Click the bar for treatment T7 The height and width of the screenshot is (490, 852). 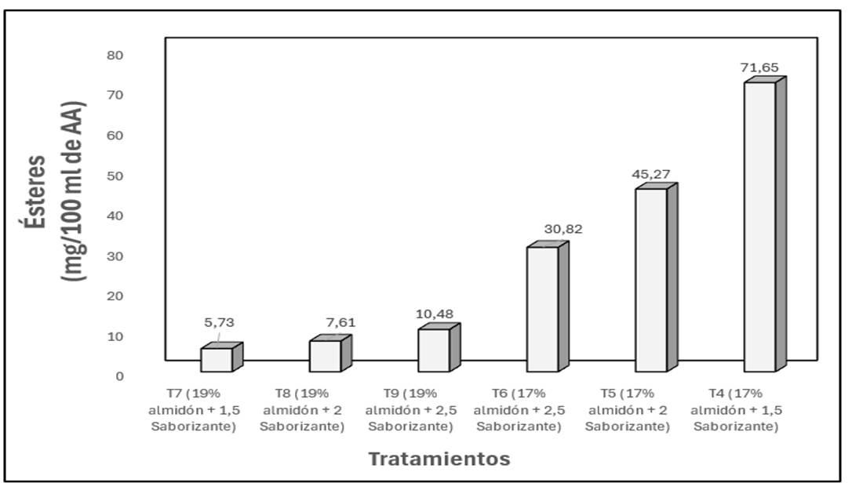point(217,359)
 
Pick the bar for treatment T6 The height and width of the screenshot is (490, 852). point(542,309)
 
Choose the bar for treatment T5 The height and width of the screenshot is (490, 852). point(651,280)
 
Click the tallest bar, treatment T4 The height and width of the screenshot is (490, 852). point(759,227)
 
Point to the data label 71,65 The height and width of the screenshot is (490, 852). point(759,67)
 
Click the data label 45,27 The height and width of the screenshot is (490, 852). point(650,174)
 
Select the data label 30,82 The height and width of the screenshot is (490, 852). point(563,230)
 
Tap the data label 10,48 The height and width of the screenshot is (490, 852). point(434,314)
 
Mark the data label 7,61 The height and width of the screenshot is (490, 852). point(340,322)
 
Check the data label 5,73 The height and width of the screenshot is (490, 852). point(219,322)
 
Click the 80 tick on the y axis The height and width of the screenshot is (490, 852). point(115,55)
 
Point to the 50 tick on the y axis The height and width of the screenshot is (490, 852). point(115,176)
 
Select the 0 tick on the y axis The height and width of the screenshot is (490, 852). point(119,376)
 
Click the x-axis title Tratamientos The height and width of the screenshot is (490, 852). point(439,459)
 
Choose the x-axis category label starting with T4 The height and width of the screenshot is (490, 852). point(736,409)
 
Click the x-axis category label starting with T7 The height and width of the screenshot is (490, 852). point(193,409)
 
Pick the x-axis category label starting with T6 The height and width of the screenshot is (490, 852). point(519,409)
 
